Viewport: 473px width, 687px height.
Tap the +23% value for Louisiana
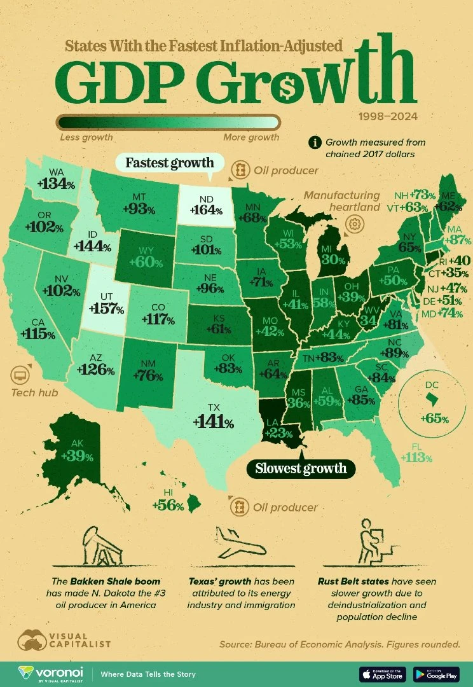(x=277, y=433)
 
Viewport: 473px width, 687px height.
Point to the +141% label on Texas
(x=214, y=421)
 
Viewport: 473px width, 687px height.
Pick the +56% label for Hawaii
(x=168, y=506)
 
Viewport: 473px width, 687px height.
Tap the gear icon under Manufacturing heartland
(x=354, y=224)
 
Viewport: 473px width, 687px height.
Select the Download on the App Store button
(x=383, y=674)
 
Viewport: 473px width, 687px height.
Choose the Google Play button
(x=436, y=674)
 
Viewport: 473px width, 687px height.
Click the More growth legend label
(x=251, y=137)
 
